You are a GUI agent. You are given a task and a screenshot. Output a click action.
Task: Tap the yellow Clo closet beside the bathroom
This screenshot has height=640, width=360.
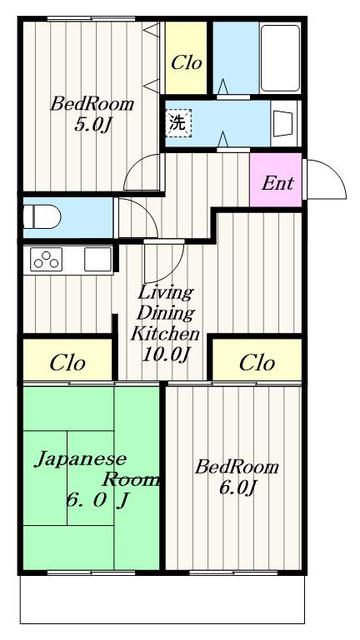[187, 62]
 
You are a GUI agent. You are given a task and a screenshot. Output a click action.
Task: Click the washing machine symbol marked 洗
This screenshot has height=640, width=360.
[176, 124]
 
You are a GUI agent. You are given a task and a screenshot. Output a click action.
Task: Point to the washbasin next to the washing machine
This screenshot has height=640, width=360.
[283, 124]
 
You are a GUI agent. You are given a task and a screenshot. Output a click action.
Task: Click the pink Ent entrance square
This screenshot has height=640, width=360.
[276, 182]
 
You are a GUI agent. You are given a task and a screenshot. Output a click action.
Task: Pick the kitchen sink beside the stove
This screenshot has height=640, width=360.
[96, 258]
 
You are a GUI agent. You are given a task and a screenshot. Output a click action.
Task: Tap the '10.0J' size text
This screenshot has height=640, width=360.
[168, 354]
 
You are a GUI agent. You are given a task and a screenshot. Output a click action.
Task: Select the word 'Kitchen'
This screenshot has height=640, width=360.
[168, 333]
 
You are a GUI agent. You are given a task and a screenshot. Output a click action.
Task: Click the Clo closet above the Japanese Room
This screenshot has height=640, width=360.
[67, 361]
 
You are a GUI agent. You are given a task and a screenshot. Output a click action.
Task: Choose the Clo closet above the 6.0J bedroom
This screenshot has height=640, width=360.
[258, 361]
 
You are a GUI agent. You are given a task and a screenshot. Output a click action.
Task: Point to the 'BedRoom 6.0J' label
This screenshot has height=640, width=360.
[236, 477]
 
